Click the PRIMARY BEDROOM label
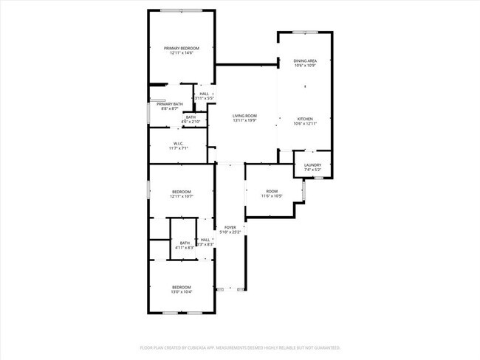[182, 48]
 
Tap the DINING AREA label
[305, 61]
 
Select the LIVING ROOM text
[244, 116]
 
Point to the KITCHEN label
[305, 119]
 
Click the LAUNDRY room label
[312, 165]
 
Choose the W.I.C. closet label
[179, 143]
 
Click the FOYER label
[230, 227]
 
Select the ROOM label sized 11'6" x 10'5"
[272, 191]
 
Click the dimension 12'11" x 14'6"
[182, 53]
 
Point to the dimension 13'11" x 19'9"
[244, 121]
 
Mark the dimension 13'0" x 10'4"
[182, 292]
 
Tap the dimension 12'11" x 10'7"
[182, 196]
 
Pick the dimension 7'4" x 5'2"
[312, 170]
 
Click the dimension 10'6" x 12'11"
[305, 124]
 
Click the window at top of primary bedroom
[182, 10]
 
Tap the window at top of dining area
[304, 32]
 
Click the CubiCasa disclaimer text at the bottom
[239, 347]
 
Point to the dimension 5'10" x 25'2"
[230, 232]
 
